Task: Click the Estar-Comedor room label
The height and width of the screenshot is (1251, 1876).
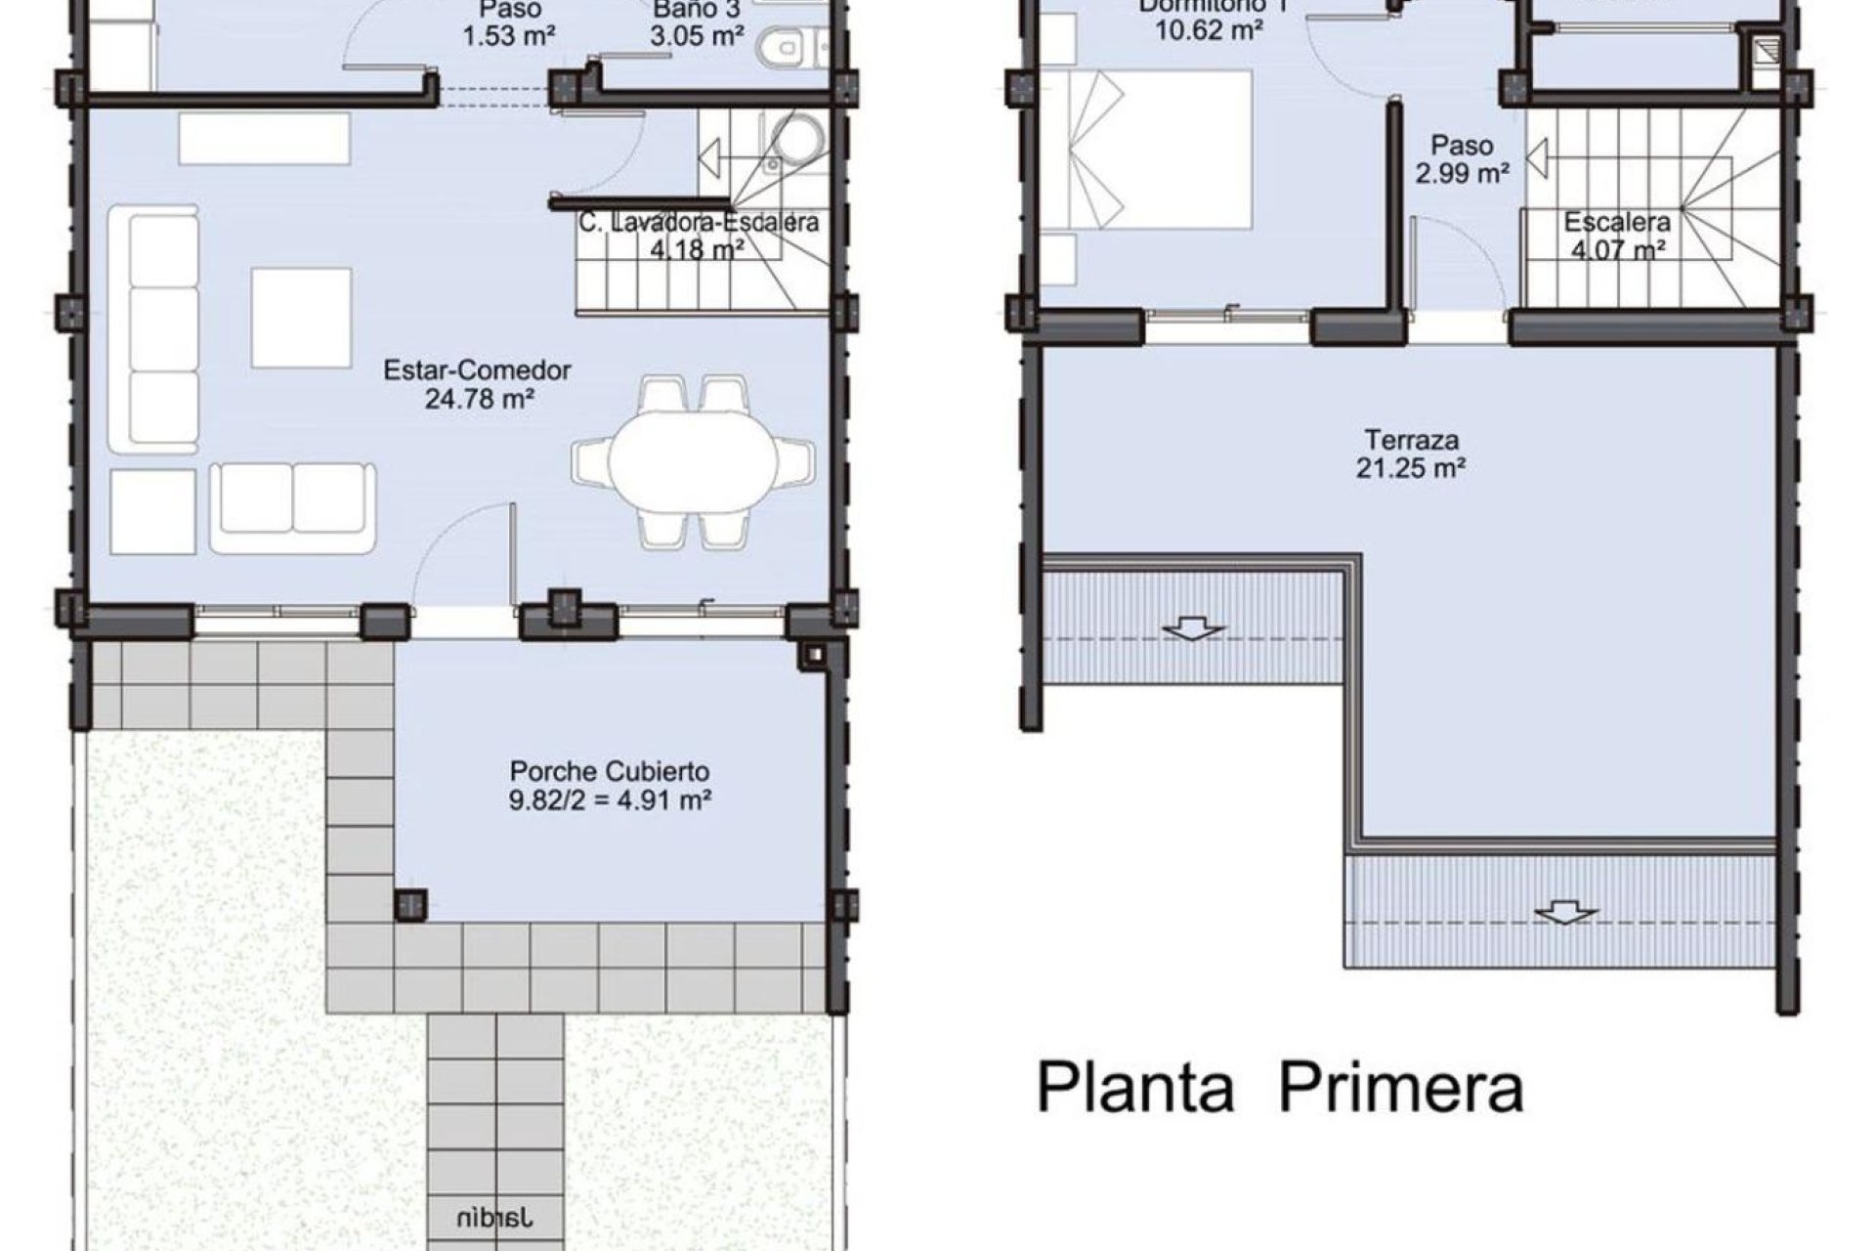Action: coord(477,370)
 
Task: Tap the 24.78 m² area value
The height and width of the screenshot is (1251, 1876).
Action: coord(479,399)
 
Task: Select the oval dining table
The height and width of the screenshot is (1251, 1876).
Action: coord(693,460)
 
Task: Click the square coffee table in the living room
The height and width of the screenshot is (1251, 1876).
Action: coord(301,318)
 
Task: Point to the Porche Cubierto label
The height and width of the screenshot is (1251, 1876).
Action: coord(610,771)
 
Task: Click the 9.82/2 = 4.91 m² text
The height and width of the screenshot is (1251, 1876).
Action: coord(610,800)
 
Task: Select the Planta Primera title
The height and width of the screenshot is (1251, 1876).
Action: coord(1279,1088)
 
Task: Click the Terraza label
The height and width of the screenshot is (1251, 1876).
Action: coord(1410,439)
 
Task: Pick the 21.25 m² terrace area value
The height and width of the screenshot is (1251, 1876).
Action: coord(1410,468)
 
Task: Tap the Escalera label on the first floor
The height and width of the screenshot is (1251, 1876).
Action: coord(1617,222)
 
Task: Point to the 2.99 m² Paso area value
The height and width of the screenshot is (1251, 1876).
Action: coord(1462,174)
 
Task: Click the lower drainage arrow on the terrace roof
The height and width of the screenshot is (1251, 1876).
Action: coord(1564,914)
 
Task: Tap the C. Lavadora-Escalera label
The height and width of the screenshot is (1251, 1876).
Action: coord(698,223)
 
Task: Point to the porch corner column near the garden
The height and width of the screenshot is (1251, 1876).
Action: coord(410,904)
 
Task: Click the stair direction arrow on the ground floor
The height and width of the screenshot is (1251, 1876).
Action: coord(709,156)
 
